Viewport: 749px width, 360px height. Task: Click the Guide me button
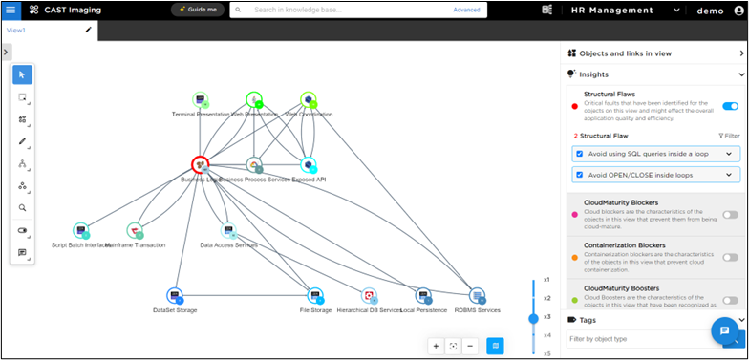click(197, 10)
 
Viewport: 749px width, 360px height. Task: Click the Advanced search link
click(466, 10)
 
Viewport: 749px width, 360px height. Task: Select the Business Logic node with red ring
click(201, 165)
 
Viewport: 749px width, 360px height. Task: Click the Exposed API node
click(308, 165)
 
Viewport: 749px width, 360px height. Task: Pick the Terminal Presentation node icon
click(201, 99)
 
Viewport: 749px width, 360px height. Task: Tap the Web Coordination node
click(308, 99)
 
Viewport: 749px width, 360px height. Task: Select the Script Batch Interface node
click(81, 231)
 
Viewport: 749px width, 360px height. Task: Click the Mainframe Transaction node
click(135, 231)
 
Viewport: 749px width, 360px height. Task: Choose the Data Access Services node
click(228, 231)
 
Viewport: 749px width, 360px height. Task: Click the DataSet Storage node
click(175, 296)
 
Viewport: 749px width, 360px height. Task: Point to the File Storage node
click(316, 296)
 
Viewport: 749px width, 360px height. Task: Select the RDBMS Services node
click(478, 296)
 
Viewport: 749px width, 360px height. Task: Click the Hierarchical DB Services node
click(370, 296)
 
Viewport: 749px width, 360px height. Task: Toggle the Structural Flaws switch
click(730, 106)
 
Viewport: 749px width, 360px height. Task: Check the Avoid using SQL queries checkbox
click(579, 153)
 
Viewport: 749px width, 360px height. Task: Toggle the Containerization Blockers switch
click(730, 257)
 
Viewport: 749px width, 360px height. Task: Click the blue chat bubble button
click(724, 331)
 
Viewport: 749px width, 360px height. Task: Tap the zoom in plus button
click(436, 346)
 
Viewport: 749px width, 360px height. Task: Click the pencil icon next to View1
click(89, 30)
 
